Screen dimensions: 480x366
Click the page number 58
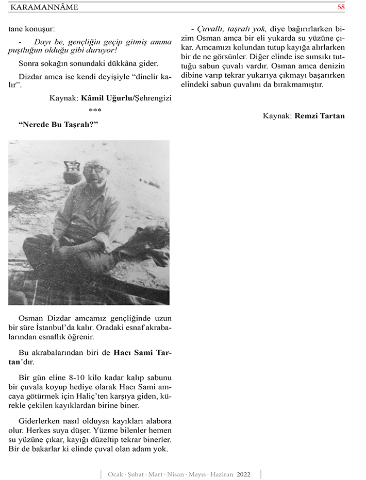point(341,7)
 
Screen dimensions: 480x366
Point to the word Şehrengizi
point(153,97)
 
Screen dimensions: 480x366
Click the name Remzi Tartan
point(320,116)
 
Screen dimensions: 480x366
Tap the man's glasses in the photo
point(96,168)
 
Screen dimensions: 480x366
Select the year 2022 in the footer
point(244,474)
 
